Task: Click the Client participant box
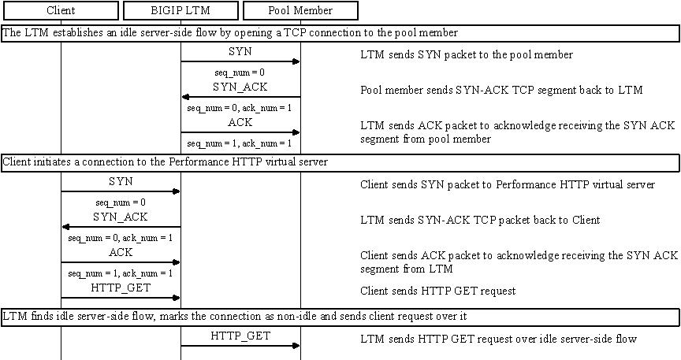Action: (x=61, y=11)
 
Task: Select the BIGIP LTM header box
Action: (x=180, y=11)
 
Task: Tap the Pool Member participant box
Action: (x=300, y=11)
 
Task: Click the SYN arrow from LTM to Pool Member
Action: (x=240, y=61)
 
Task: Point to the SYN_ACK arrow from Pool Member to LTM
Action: (x=240, y=97)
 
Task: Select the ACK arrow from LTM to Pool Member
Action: (x=240, y=132)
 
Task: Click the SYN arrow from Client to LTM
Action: (x=121, y=191)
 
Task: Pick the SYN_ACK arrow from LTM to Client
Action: (x=121, y=227)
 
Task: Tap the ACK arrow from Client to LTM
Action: (x=121, y=262)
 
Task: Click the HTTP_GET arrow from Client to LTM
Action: (x=121, y=298)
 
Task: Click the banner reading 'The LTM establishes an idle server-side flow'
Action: (x=340, y=33)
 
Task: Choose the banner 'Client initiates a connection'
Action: (x=340, y=162)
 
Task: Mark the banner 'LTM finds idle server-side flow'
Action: (x=340, y=317)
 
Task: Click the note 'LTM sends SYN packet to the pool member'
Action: (x=467, y=55)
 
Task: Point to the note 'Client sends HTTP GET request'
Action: (x=438, y=291)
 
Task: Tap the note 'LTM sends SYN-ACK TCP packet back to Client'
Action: (x=480, y=221)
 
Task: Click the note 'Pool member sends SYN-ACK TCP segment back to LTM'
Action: (x=501, y=91)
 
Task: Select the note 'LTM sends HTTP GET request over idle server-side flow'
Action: (x=498, y=340)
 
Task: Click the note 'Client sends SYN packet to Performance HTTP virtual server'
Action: (x=508, y=185)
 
